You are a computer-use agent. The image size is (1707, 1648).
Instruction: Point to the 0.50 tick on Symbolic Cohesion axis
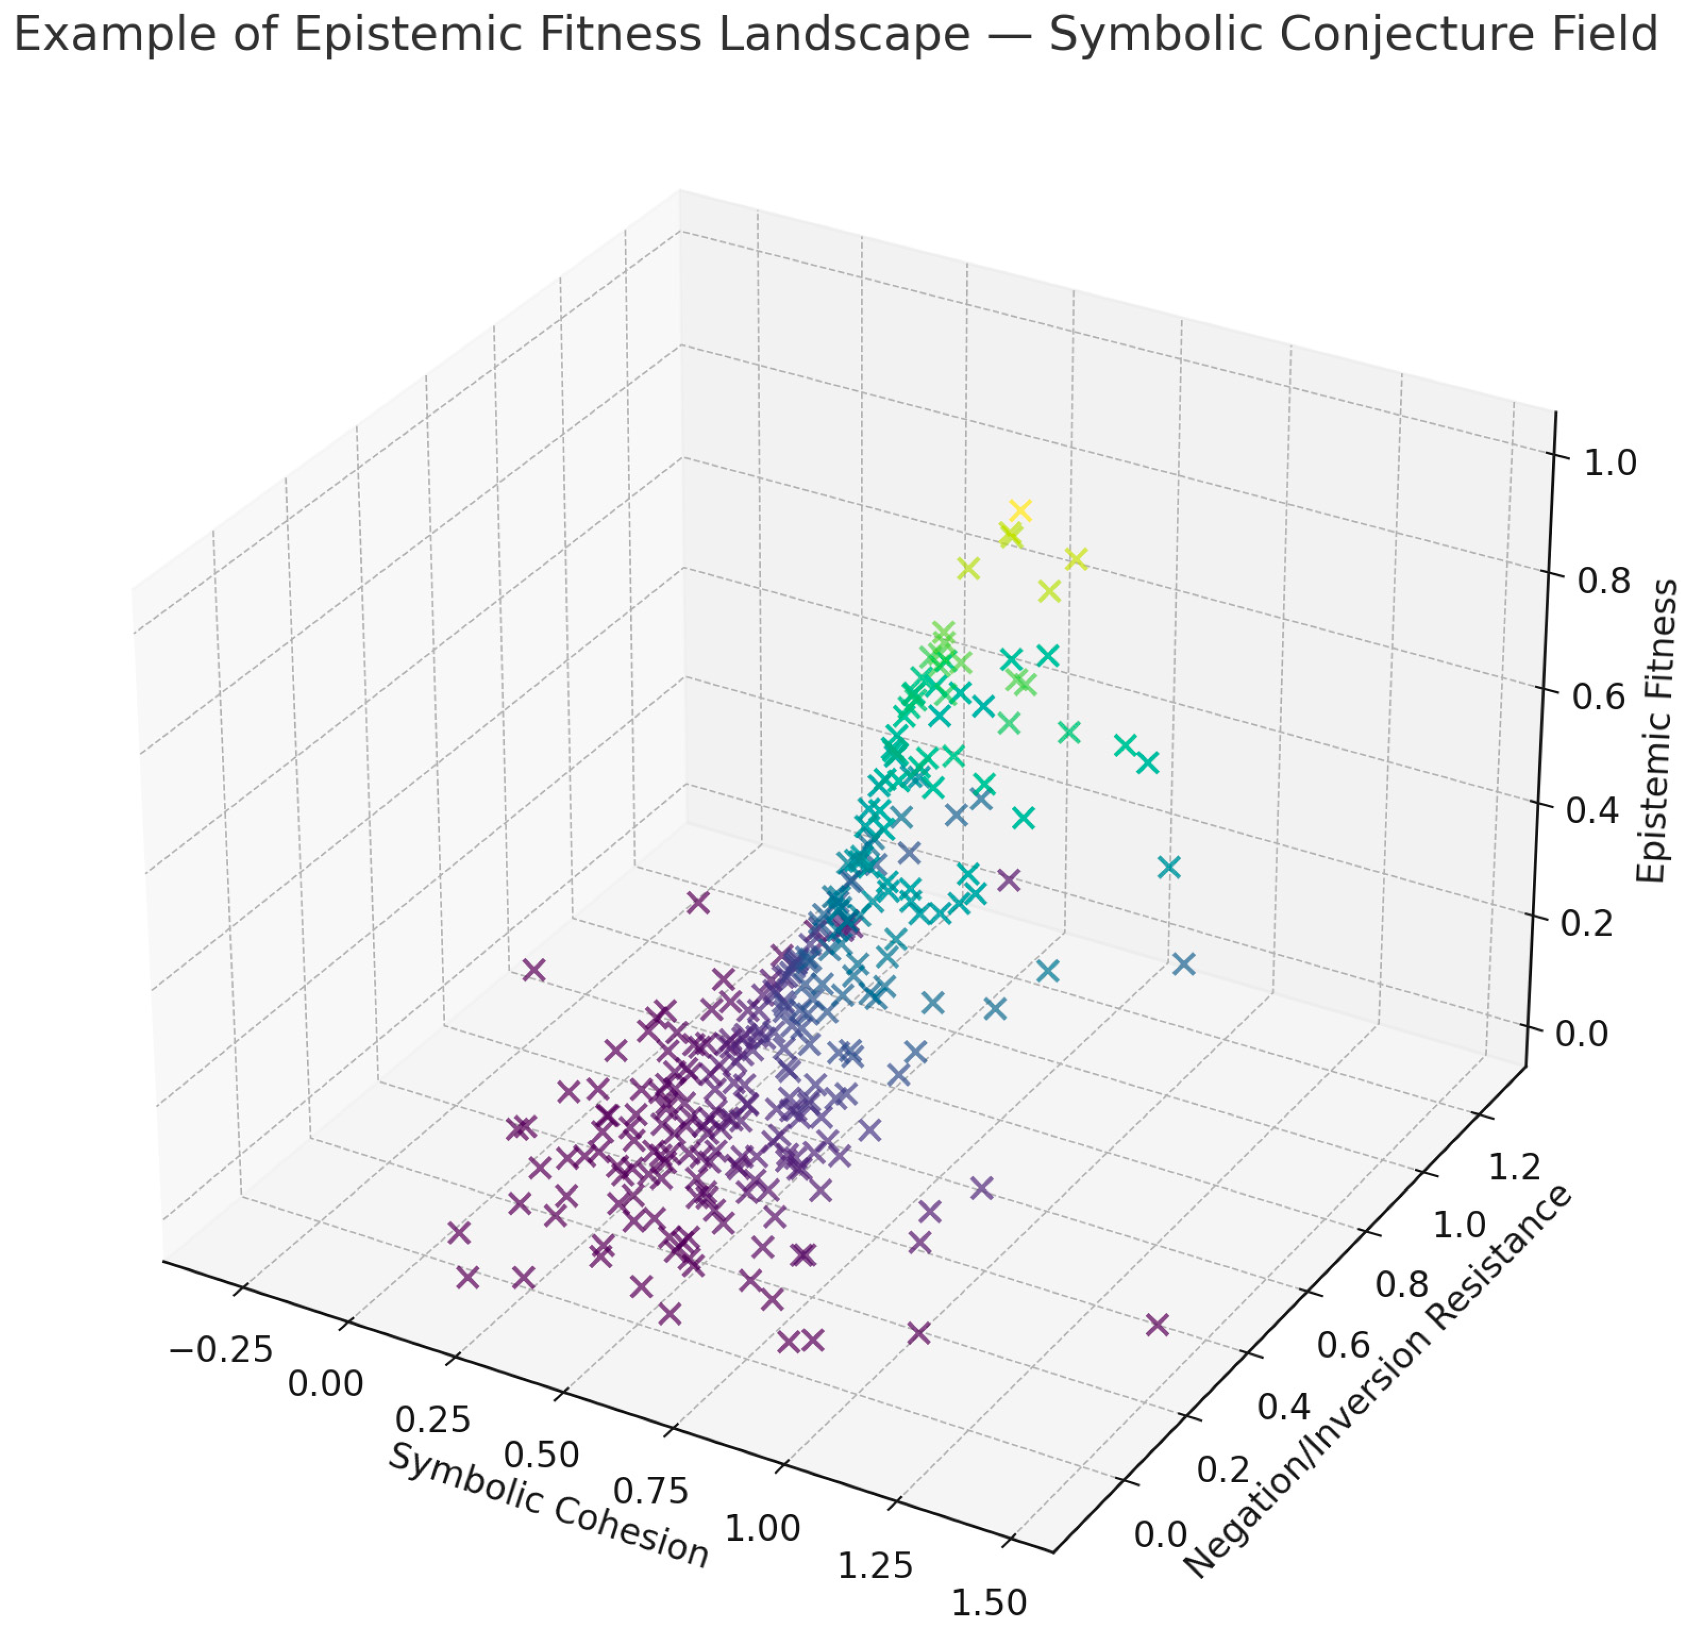click(542, 1456)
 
